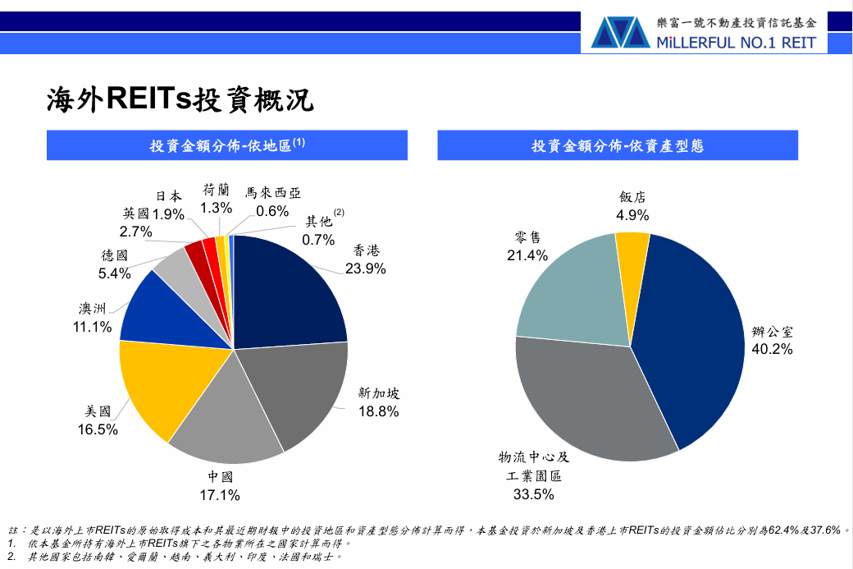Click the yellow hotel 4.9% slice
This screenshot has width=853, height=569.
click(632, 261)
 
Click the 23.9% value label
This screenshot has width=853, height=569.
click(366, 268)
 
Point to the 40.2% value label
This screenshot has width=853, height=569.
click(772, 349)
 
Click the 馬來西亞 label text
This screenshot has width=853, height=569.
click(273, 193)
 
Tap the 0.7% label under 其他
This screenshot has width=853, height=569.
click(318, 240)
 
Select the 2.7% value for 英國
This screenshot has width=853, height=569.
click(135, 232)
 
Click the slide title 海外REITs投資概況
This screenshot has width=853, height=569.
click(180, 99)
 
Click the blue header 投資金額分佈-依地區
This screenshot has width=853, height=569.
click(227, 145)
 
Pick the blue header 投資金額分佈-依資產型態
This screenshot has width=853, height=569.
click(618, 146)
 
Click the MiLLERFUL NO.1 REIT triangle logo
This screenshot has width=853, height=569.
click(620, 33)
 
